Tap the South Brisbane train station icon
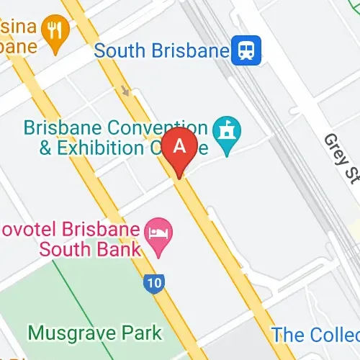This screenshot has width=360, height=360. [246, 50]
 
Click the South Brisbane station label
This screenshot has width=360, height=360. [161, 50]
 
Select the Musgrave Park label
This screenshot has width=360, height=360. [95, 333]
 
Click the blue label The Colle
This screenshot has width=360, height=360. [315, 335]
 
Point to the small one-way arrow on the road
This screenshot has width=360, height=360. [126, 91]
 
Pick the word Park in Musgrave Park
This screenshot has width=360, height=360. [142, 333]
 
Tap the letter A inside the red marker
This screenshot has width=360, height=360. [181, 145]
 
